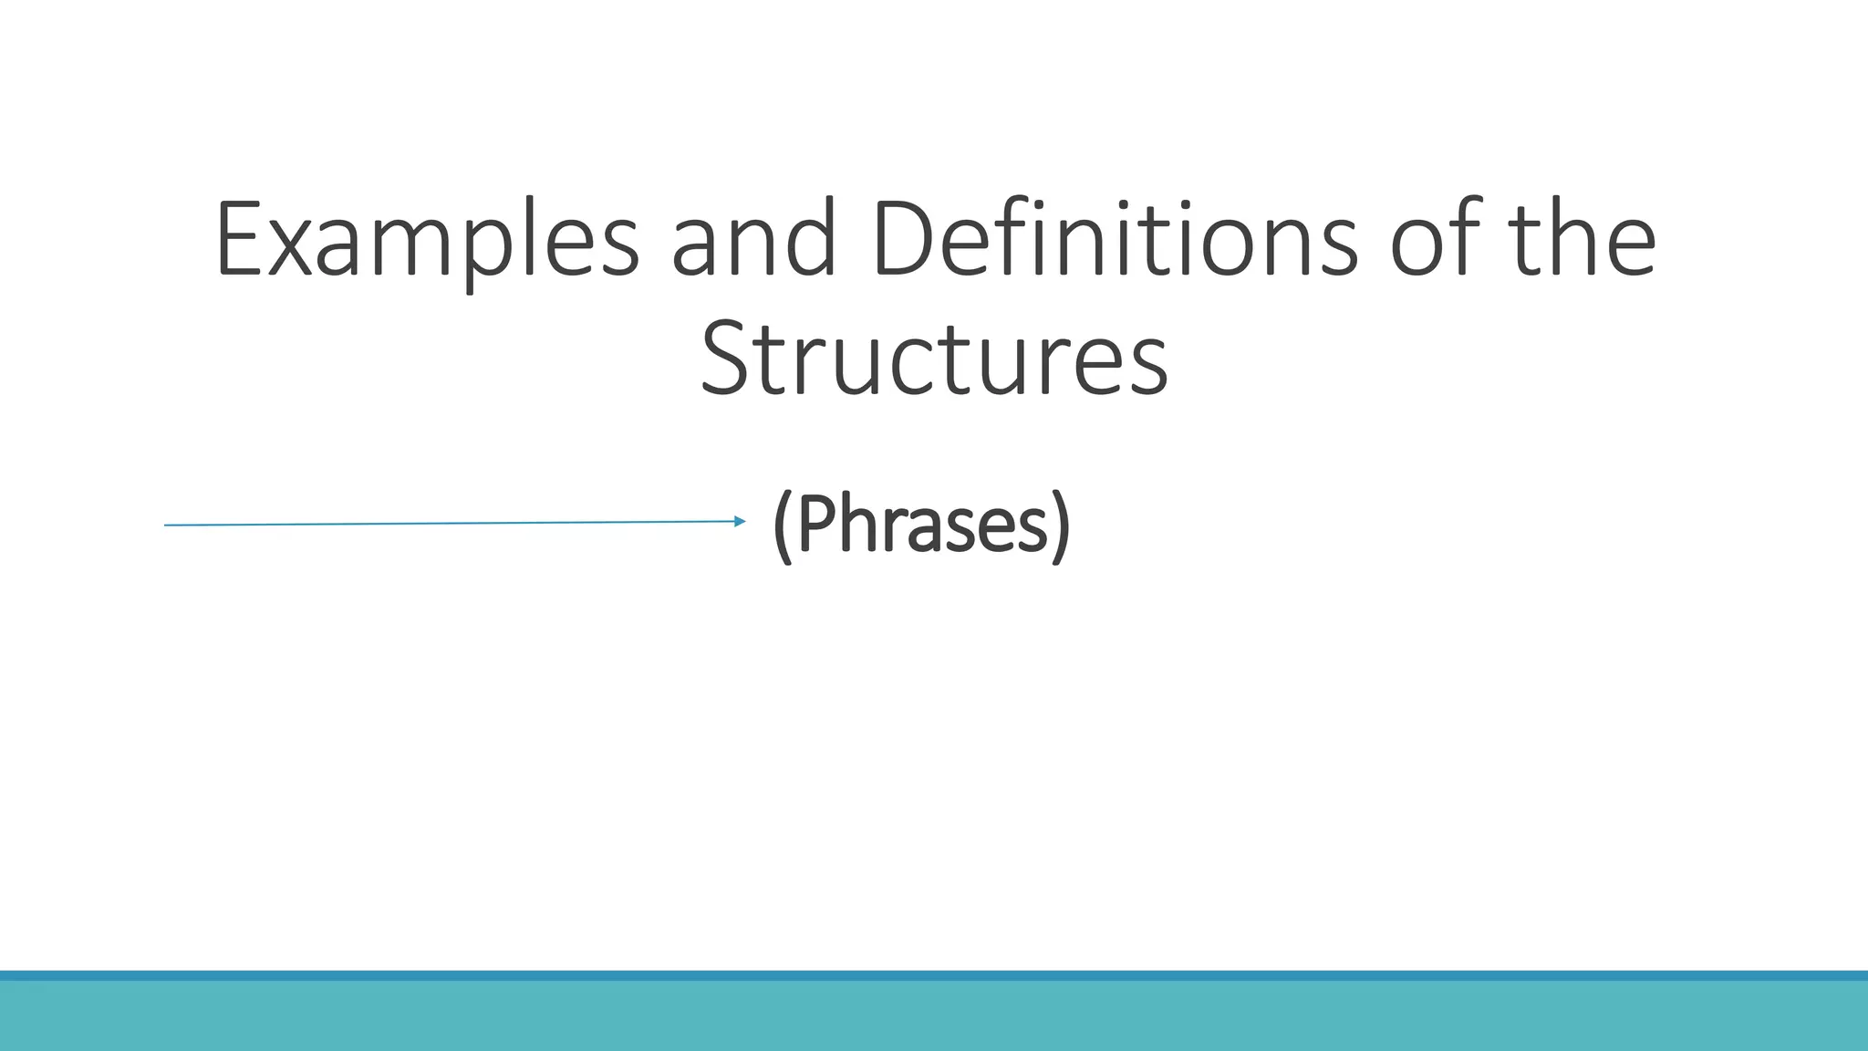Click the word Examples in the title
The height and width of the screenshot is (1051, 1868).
(427, 239)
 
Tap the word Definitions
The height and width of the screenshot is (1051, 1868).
(1116, 239)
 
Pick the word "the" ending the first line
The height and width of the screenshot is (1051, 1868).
(1584, 239)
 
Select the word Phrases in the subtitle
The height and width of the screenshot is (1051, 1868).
(922, 525)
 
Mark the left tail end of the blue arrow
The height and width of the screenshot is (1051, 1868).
(167, 525)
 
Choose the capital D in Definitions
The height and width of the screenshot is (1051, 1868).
(903, 239)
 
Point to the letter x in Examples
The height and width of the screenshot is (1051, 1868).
(297, 246)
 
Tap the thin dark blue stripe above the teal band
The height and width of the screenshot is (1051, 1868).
(934, 975)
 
